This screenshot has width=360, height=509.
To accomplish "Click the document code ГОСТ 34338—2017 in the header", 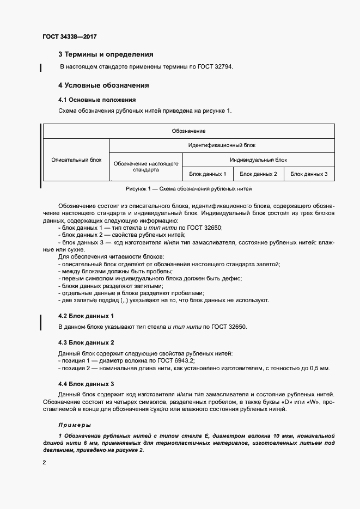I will tap(69, 37).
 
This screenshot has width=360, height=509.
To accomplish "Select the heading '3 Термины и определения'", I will tap(106, 54).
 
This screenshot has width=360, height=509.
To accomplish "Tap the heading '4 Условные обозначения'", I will tap(103, 85).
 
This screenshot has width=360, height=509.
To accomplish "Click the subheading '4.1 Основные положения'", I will tap(96, 100).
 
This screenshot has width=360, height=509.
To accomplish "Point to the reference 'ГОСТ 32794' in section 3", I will tap(220, 66).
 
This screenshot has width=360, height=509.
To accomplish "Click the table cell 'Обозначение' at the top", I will tap(188, 131).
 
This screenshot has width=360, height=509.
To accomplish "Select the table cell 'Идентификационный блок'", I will tap(222, 145).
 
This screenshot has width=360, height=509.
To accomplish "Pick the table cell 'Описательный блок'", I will tap(76, 160).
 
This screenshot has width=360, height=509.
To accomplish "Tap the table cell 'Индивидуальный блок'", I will tap(258, 160).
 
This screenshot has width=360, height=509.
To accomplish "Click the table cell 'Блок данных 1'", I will tap(208, 174).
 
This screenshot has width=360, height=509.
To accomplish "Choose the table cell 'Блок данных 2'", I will tap(258, 174).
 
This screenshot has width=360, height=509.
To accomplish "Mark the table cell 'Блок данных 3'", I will tap(309, 174).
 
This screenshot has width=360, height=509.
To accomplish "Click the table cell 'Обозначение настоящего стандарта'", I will tap(146, 167).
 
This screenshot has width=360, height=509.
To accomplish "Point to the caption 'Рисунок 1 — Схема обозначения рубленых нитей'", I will tap(188, 189).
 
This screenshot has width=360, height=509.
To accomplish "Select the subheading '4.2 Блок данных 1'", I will tap(86, 316).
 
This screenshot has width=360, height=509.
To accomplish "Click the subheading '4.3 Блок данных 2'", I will tap(86, 342).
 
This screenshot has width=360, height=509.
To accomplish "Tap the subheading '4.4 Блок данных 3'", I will tap(86, 384).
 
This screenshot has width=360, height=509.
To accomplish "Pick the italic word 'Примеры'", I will tap(75, 425).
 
